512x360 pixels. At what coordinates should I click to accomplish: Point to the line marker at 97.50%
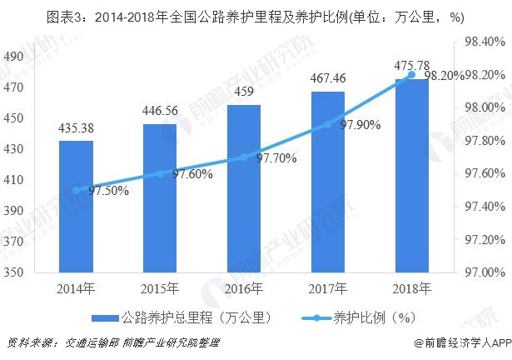(76, 190)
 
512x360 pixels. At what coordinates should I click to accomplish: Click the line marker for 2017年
(327, 124)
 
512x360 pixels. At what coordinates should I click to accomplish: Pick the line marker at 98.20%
(411, 75)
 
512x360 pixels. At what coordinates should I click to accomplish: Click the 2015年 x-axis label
(160, 289)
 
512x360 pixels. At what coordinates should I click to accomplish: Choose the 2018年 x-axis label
(411, 289)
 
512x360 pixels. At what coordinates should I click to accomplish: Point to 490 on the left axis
(14, 57)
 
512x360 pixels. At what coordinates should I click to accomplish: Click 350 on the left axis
(14, 272)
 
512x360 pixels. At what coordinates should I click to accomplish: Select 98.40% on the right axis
(484, 42)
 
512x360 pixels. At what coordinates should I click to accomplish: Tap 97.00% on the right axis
(484, 272)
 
